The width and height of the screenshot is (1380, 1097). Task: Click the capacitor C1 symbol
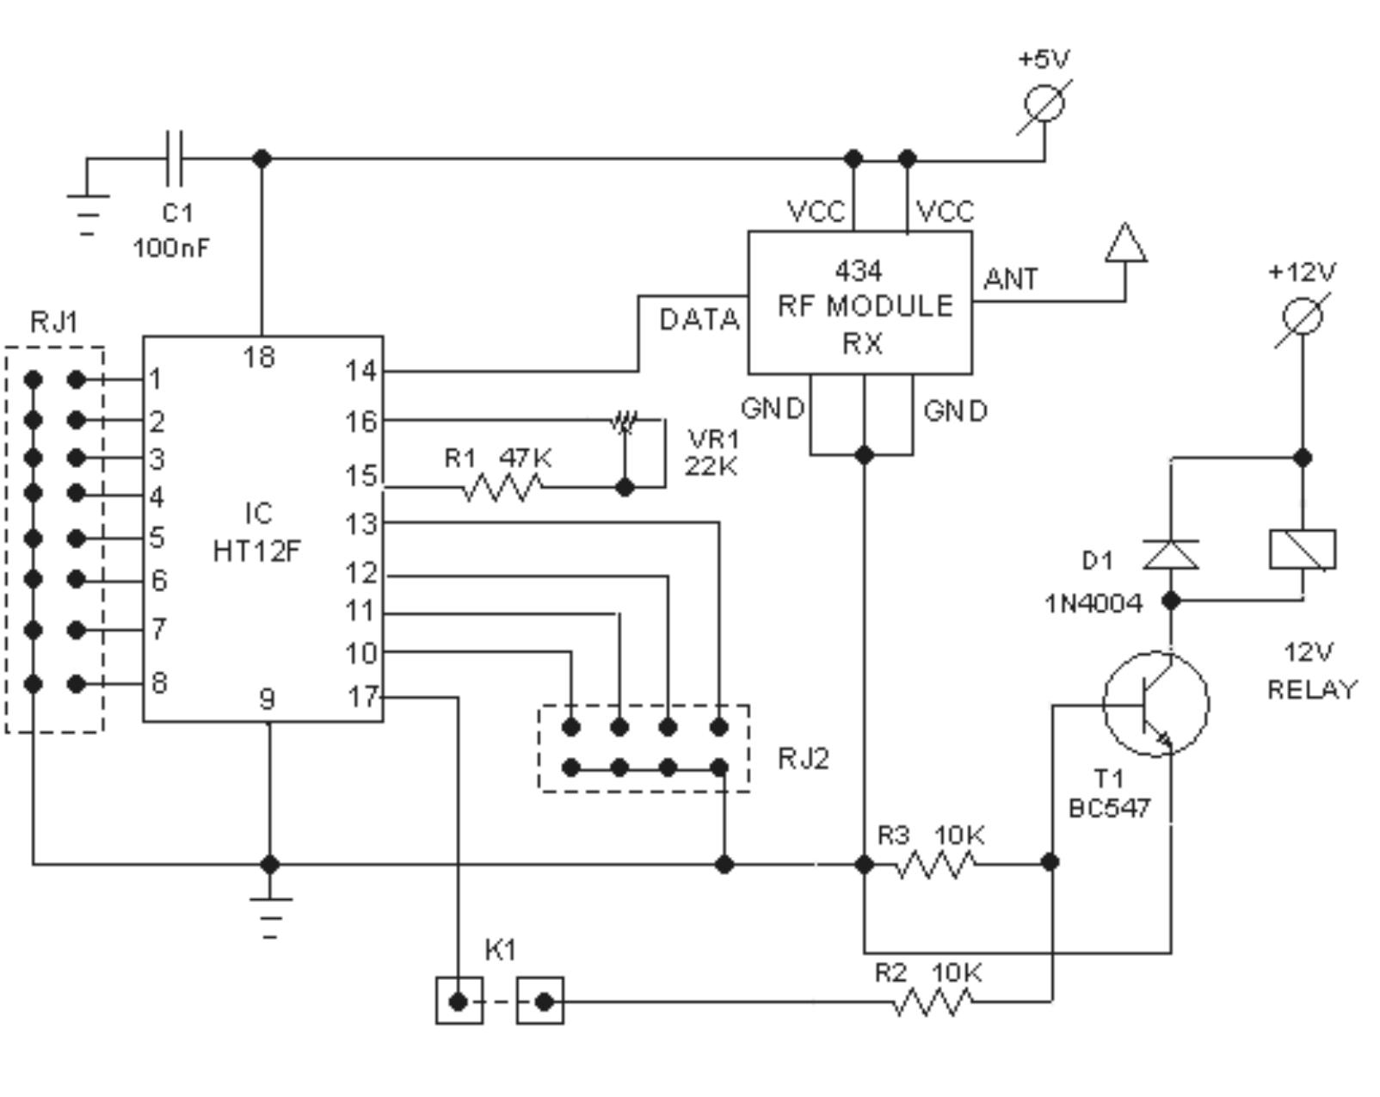[x=174, y=158]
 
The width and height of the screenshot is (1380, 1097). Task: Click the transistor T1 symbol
[x=1155, y=704]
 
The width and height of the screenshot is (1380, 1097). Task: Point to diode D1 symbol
[x=1171, y=554]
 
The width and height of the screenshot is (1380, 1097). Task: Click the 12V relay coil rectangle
[x=1303, y=550]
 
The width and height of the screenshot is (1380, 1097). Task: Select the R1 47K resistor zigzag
[x=502, y=488]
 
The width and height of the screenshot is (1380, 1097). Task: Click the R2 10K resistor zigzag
[x=933, y=1001]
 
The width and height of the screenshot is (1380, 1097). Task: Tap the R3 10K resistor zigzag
[x=935, y=864]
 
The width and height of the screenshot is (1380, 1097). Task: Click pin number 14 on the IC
[x=361, y=372]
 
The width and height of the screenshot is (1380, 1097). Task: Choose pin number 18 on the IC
[x=259, y=356]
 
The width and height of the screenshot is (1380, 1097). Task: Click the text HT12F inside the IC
[x=257, y=551]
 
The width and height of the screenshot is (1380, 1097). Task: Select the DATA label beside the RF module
[x=699, y=320]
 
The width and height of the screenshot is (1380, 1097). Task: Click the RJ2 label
[x=803, y=758]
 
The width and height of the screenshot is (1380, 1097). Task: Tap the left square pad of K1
[x=459, y=1001]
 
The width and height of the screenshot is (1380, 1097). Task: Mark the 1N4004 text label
[x=1094, y=604]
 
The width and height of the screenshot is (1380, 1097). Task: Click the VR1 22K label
[x=712, y=453]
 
